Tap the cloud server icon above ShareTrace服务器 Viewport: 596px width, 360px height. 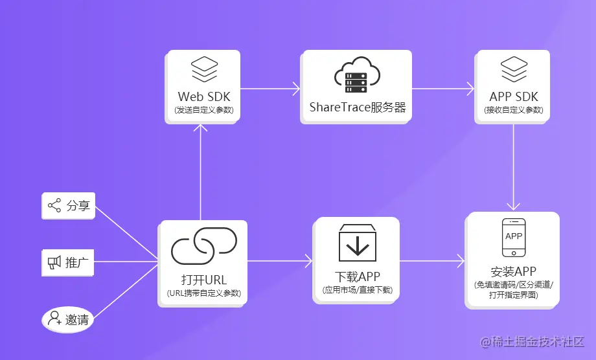click(x=356, y=75)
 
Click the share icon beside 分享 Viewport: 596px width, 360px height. click(x=54, y=206)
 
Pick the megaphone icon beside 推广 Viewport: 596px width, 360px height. click(x=54, y=263)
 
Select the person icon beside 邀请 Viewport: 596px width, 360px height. click(x=54, y=319)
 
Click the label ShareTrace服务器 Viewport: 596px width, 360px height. click(x=357, y=107)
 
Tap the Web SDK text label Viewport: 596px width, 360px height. click(x=204, y=97)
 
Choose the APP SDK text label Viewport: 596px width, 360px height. click(x=514, y=97)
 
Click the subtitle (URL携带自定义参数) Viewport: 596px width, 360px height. click(x=203, y=293)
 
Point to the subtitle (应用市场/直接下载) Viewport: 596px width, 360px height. click(x=357, y=290)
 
